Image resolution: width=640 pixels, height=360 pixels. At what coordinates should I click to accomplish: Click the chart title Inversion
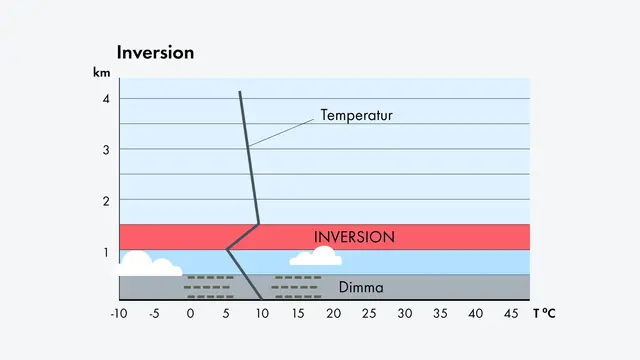pyautogui.click(x=155, y=51)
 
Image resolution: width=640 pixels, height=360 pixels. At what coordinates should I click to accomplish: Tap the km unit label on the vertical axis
pyautogui.click(x=100, y=74)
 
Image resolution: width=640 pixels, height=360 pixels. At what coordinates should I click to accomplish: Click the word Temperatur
pyautogui.click(x=356, y=115)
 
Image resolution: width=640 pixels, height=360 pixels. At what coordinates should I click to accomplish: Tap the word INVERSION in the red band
pyautogui.click(x=354, y=237)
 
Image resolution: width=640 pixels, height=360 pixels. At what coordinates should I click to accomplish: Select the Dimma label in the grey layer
pyautogui.click(x=361, y=288)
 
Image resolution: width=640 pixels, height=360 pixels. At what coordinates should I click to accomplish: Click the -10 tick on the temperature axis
pyautogui.click(x=118, y=314)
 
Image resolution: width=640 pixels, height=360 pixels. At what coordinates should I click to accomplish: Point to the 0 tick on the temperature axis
pyautogui.click(x=190, y=314)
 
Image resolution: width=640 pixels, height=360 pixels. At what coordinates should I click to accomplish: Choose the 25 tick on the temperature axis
pyautogui.click(x=369, y=314)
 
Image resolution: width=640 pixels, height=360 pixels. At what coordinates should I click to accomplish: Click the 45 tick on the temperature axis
pyautogui.click(x=512, y=314)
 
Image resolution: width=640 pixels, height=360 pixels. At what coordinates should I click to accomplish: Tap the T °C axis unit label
pyautogui.click(x=544, y=314)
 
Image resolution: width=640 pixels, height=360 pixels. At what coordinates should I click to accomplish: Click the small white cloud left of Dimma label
pyautogui.click(x=316, y=258)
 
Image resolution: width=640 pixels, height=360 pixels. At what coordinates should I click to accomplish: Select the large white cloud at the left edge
pyautogui.click(x=146, y=265)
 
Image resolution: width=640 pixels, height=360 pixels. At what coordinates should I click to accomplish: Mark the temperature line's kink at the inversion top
pyautogui.click(x=258, y=224)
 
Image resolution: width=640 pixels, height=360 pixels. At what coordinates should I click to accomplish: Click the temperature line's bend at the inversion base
pyautogui.click(x=227, y=249)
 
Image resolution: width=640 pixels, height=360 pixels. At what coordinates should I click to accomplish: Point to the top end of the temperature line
pyautogui.click(x=240, y=92)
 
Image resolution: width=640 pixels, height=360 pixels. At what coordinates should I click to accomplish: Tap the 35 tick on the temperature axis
pyautogui.click(x=441, y=314)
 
